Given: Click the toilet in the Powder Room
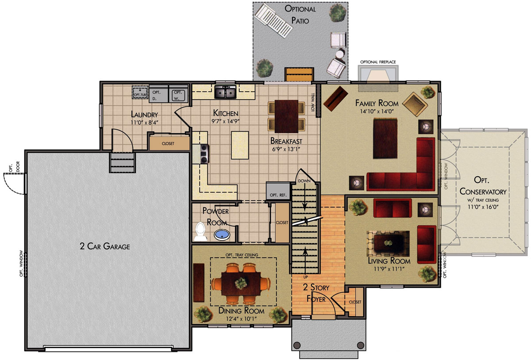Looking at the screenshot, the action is [x=200, y=232].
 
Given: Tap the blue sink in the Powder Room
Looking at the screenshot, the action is [x=222, y=235].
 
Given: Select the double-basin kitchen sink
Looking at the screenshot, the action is [x=225, y=92].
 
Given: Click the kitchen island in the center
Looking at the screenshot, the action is [x=240, y=145].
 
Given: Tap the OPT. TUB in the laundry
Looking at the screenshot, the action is [x=140, y=92].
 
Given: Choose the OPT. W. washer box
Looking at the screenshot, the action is [x=178, y=94].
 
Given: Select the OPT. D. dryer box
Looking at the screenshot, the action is [x=158, y=94].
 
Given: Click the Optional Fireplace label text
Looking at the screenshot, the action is [x=378, y=62].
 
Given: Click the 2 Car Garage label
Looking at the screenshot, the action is [x=105, y=246].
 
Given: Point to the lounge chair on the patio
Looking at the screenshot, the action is [x=273, y=21].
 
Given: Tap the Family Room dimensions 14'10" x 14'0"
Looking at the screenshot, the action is [x=377, y=111].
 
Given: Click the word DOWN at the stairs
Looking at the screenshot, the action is [x=304, y=181].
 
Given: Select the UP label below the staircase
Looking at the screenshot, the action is [x=306, y=277].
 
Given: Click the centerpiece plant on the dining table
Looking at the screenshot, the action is [x=241, y=283].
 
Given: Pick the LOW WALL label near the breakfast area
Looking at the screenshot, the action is [x=313, y=102].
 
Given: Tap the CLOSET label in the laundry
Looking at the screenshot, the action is [x=168, y=143].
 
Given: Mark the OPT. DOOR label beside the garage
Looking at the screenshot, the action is [x=14, y=166].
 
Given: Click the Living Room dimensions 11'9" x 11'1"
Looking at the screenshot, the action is [x=389, y=269].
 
